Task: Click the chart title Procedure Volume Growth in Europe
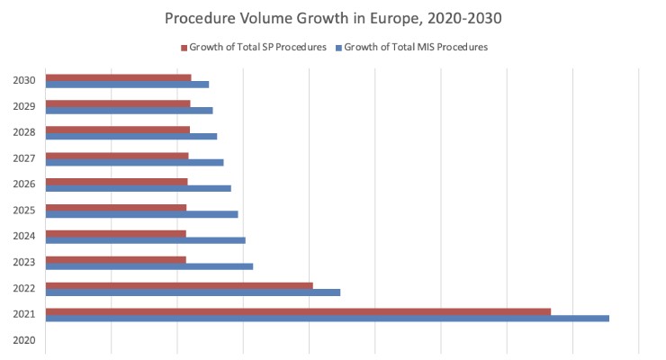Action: click(332, 17)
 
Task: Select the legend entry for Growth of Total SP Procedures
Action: click(257, 47)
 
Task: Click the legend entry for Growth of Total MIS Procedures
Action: click(415, 47)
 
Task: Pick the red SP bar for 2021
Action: click(298, 311)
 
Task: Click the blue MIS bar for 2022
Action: click(193, 292)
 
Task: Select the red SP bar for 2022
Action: click(179, 285)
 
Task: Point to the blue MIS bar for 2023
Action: click(149, 266)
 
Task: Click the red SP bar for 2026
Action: click(116, 182)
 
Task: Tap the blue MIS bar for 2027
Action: click(134, 162)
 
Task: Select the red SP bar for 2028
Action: click(117, 130)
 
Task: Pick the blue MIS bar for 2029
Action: click(129, 111)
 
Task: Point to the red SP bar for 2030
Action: click(118, 77)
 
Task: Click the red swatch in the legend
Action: click(183, 47)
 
